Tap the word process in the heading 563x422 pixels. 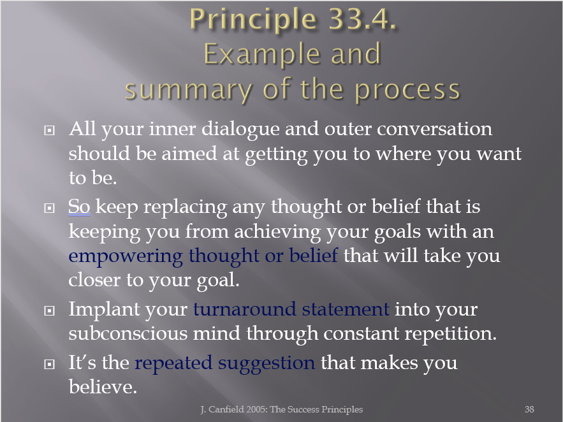(x=407, y=91)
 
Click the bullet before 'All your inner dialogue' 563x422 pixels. (x=49, y=130)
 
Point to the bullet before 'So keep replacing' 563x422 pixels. (x=49, y=208)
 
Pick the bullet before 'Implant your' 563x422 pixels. (x=49, y=310)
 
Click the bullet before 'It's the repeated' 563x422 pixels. (x=49, y=364)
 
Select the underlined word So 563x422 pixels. (x=79, y=207)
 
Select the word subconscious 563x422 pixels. (x=128, y=333)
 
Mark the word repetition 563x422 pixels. (x=451, y=334)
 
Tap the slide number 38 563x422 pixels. (x=529, y=409)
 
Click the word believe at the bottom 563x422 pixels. (x=103, y=387)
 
